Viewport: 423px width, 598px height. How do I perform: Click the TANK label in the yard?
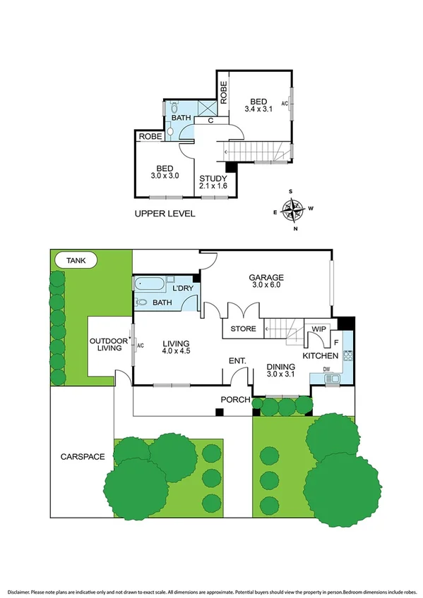pyautogui.click(x=76, y=260)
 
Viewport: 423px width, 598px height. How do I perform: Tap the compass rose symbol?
pyautogui.click(x=291, y=209)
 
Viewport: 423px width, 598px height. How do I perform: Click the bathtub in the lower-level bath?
pyautogui.click(x=149, y=285)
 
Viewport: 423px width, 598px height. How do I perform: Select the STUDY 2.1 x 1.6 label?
pyautogui.click(x=213, y=182)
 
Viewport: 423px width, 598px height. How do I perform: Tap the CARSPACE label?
pyautogui.click(x=82, y=457)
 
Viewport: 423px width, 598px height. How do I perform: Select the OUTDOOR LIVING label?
pyautogui.click(x=109, y=346)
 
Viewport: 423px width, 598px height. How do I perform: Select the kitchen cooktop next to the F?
pyautogui.click(x=347, y=365)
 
